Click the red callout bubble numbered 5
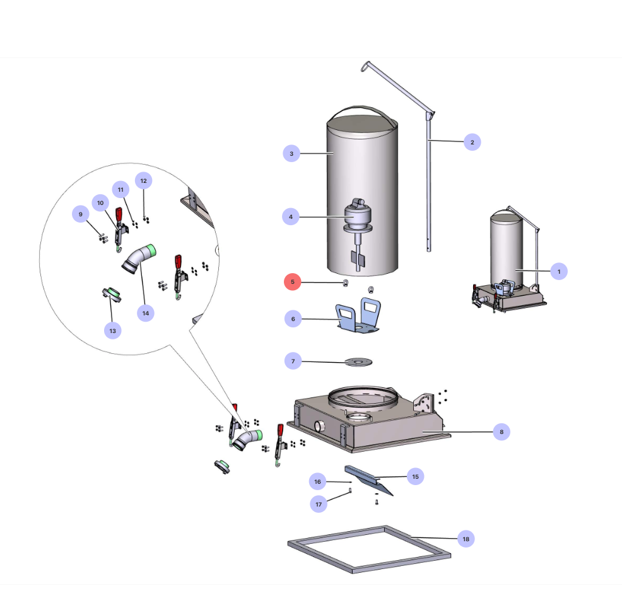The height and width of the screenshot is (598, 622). (292, 282)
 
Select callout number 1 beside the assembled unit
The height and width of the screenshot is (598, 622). (558, 271)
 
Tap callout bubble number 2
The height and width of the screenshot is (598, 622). (472, 142)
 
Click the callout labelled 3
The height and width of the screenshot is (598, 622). (291, 153)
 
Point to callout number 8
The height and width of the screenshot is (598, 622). (502, 432)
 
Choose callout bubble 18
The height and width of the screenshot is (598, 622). (466, 539)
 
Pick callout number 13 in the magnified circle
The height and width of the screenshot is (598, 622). (113, 330)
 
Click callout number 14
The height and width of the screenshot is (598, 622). (146, 312)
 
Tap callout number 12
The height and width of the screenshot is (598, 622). (144, 181)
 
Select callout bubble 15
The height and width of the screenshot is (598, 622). (415, 476)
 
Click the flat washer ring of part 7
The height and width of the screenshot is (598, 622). (358, 361)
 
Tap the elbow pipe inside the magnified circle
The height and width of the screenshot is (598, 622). (139, 259)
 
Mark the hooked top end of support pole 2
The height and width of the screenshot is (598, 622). (365, 65)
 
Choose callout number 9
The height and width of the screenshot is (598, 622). (81, 214)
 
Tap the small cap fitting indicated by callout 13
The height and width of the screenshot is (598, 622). (110, 293)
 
